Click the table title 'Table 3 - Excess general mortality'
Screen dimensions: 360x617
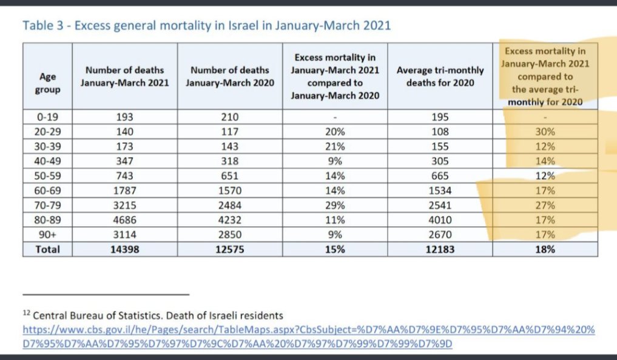206,26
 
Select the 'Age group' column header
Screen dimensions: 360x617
48,83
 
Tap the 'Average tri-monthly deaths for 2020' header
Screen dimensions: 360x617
440,76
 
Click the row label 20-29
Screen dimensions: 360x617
48,131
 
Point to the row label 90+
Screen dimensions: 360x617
48,234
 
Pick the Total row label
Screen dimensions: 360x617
48,249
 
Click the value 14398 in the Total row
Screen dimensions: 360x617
124,249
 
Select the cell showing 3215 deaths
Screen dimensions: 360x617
124,205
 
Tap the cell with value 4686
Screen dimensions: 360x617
124,219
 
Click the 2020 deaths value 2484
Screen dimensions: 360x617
230,205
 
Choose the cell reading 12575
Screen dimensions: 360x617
230,249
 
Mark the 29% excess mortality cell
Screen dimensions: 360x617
335,205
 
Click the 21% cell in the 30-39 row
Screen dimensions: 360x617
335,146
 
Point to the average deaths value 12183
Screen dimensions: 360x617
440,249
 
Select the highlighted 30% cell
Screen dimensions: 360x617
545,131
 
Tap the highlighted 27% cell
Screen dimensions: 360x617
545,205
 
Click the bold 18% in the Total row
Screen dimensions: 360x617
545,249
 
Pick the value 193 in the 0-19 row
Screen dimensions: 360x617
124,117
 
